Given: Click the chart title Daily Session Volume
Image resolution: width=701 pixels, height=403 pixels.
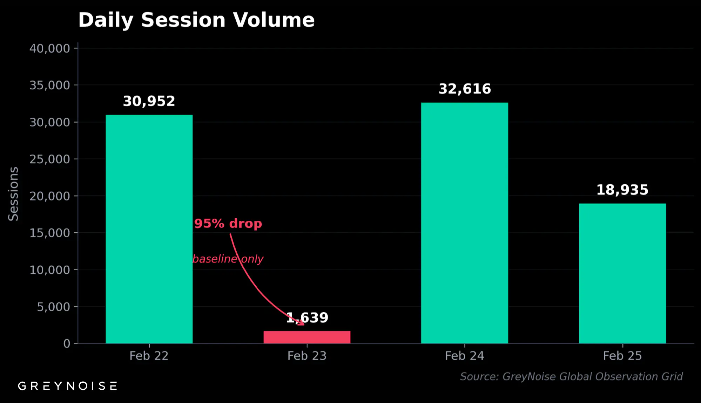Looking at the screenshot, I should click(196, 20).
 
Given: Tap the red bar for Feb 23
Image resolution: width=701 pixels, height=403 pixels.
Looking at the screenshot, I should click(307, 337).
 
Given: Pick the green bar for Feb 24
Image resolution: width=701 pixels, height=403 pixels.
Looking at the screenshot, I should click(464, 223).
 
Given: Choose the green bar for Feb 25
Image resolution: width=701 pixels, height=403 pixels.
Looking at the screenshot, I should click(622, 273).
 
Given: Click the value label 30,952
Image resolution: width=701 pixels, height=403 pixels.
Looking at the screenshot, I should click(149, 101).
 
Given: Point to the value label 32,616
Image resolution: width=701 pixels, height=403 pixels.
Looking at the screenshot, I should click(465, 89).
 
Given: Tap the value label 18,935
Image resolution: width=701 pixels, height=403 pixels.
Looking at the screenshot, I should click(622, 190).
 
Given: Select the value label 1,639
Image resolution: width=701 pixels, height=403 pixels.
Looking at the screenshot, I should click(308, 317).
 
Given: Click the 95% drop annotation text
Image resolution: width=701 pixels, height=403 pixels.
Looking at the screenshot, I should click(228, 224).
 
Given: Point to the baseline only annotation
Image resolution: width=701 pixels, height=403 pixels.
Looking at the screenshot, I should click(228, 259).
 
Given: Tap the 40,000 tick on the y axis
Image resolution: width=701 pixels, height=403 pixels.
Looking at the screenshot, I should click(50, 48).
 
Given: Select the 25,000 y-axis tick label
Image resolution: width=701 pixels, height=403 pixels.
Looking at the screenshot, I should click(50, 159).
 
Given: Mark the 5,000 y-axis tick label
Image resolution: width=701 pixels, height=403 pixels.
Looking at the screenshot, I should click(54, 307).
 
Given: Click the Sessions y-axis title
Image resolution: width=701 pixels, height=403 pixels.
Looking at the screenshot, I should click(13, 194).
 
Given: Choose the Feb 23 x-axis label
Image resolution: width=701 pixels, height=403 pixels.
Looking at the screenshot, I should click(307, 356).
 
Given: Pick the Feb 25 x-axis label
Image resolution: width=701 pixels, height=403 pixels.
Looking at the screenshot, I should click(622, 356).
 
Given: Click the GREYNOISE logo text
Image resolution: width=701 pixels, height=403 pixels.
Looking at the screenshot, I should click(68, 386).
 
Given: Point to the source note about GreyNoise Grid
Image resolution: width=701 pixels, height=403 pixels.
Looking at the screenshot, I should click(571, 377).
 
